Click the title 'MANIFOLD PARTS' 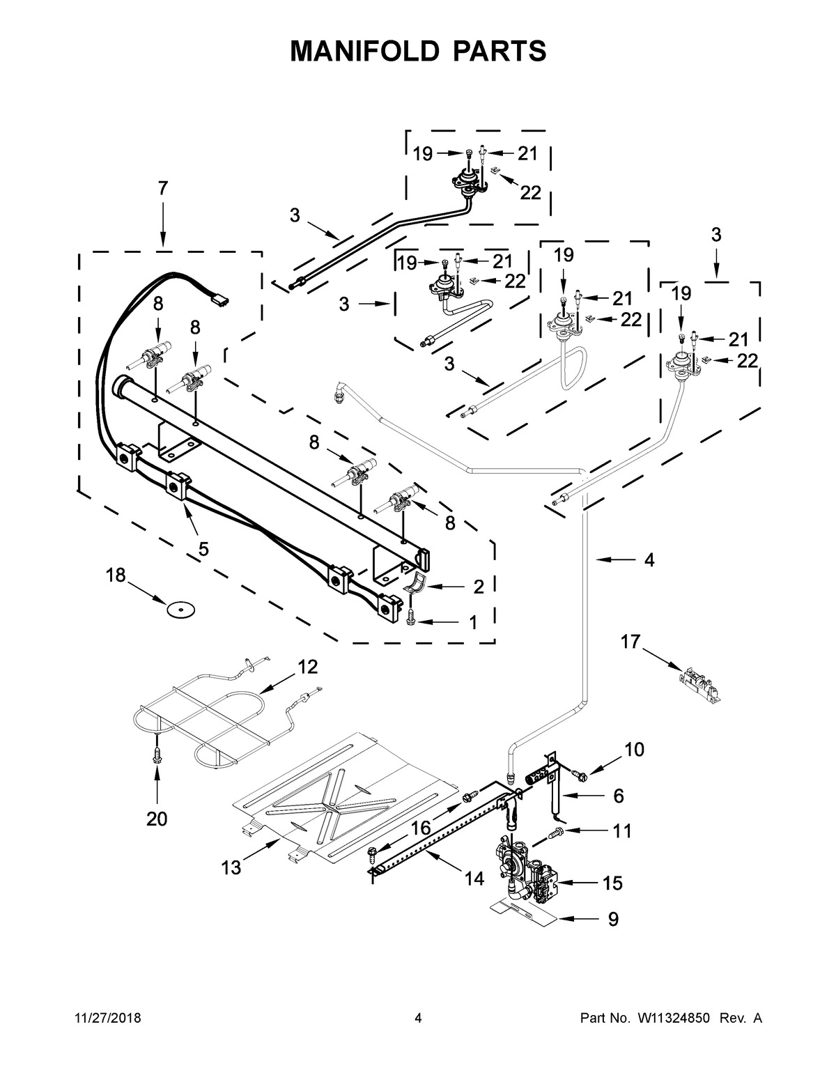pos(418,51)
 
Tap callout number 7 pos(162,188)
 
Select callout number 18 pos(116,575)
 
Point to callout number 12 pos(307,667)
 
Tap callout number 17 pos(630,642)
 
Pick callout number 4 pos(649,559)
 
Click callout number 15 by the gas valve pos(612,883)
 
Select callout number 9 pos(613,920)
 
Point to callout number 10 pos(634,750)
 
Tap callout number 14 pos(474,879)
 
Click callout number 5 pos(203,549)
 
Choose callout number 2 pos(478,587)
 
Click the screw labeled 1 pos(410,617)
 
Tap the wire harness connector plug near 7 pos(220,300)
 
